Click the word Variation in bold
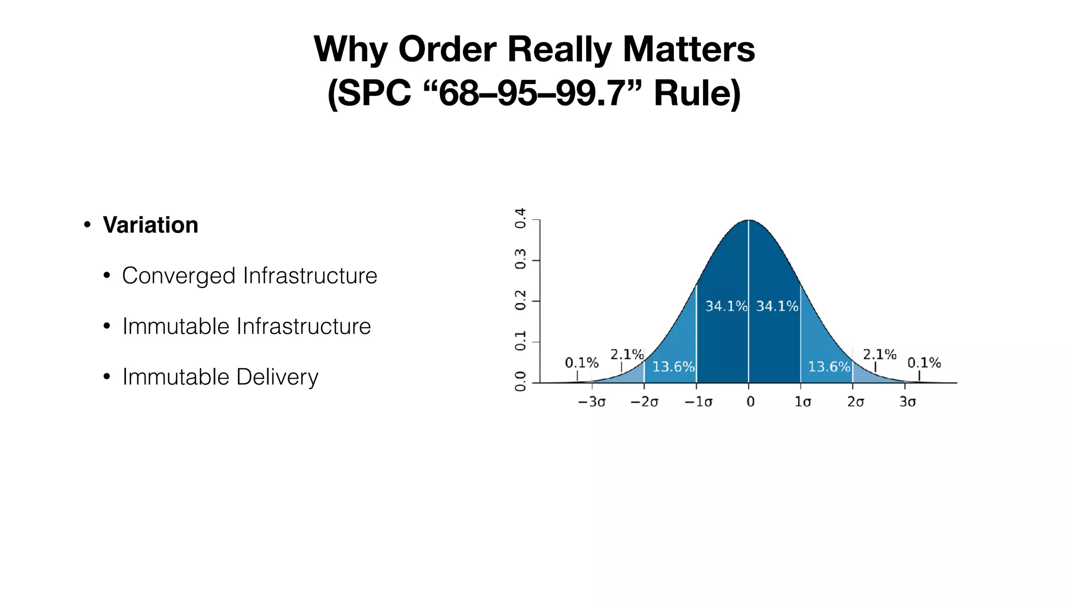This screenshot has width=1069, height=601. (x=150, y=225)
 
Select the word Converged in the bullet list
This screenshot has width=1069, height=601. (x=179, y=276)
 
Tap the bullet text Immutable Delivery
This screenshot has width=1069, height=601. (x=220, y=377)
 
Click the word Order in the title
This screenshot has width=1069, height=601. (x=447, y=50)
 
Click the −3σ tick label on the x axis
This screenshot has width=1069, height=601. (x=591, y=402)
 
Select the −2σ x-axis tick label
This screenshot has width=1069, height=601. (x=644, y=402)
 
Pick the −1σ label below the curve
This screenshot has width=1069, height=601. (x=698, y=402)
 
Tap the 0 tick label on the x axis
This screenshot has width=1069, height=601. (x=750, y=402)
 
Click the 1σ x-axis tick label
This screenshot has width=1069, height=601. (x=803, y=402)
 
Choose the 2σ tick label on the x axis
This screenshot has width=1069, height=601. (x=856, y=402)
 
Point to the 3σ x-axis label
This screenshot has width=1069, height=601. (x=908, y=402)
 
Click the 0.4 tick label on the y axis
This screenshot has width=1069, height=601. (x=520, y=218)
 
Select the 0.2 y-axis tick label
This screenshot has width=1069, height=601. (x=520, y=300)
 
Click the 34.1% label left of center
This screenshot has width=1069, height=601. (x=726, y=306)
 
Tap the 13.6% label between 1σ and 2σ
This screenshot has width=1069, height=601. (x=829, y=367)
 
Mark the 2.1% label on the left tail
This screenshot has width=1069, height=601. (x=627, y=355)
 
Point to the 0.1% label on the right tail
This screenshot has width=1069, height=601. (x=924, y=363)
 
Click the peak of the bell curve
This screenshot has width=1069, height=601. (x=749, y=221)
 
